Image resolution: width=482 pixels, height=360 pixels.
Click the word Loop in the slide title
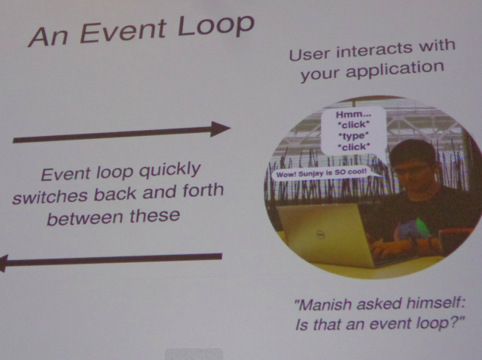click(216, 26)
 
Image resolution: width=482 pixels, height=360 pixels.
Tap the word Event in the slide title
click(123, 32)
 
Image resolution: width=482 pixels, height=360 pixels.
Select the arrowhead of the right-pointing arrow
click(220, 129)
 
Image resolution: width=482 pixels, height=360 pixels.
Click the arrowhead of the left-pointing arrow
click(3, 264)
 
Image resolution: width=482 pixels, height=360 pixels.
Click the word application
click(395, 70)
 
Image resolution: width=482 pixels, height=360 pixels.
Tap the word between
click(85, 218)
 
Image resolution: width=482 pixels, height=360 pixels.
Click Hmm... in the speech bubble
click(353, 115)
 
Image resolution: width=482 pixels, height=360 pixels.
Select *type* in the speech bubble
click(353, 136)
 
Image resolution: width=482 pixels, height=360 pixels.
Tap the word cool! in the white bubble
click(356, 170)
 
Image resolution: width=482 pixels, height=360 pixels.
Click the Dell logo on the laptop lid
click(321, 235)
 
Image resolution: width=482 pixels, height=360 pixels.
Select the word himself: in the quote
click(436, 303)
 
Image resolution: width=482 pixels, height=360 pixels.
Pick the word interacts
click(375, 51)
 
